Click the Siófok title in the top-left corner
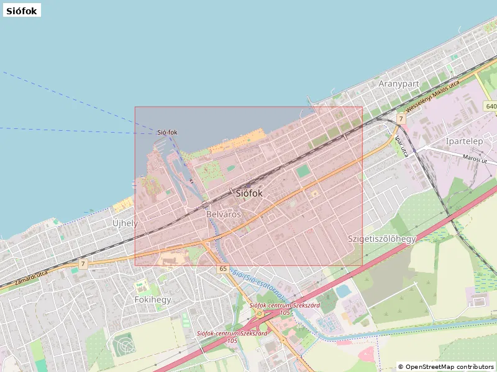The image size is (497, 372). coord(22,10)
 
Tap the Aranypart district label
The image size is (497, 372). coord(399,84)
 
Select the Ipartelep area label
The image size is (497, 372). coord(464,141)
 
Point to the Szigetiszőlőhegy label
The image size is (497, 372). coord(381,239)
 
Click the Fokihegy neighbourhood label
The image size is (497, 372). coord(152,299)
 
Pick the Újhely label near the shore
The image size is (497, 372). coord(125,223)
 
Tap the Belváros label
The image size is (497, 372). coord(223,214)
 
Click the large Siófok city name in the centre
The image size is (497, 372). coord(249,193)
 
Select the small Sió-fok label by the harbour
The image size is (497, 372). coord(167,132)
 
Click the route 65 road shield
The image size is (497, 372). coord(223,268)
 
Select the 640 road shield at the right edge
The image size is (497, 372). coord(491,107)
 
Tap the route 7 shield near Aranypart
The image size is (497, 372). coord(401,118)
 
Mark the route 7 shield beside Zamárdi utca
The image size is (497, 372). coord(83,265)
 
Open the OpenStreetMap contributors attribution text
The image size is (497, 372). coord(445,366)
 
